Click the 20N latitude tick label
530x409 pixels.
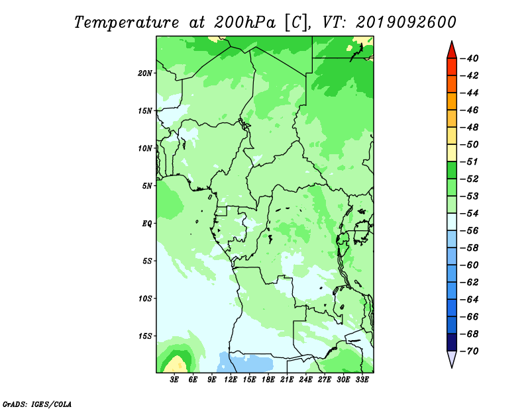(144, 73)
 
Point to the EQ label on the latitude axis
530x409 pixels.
(146, 224)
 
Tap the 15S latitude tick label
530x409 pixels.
(145, 336)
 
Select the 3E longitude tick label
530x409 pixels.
(174, 380)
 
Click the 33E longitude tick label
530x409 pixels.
(362, 380)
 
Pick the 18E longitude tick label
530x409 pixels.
(268, 380)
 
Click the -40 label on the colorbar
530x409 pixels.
(470, 58)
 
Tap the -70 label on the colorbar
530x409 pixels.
(470, 351)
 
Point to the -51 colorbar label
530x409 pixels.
(470, 161)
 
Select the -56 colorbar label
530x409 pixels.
(470, 231)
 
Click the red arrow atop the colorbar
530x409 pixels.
(452, 50)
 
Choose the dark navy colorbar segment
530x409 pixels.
(452, 342)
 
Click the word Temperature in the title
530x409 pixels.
(127, 23)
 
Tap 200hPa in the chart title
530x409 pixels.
(244, 23)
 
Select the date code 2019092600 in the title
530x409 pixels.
(406, 23)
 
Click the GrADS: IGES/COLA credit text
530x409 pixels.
(37, 404)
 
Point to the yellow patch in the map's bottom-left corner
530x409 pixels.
(176, 365)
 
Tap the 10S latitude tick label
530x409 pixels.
(145, 298)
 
